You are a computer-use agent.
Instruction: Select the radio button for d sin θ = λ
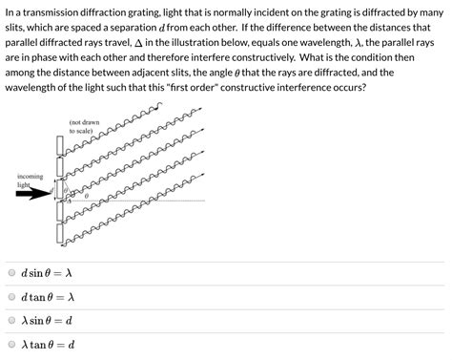pyautogui.click(x=11, y=272)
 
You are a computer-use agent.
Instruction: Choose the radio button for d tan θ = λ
pyautogui.click(x=11, y=296)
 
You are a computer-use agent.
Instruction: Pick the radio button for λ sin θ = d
pyautogui.click(x=11, y=321)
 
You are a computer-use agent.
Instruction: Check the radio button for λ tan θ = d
pyautogui.click(x=11, y=345)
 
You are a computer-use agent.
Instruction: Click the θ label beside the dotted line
pyautogui.click(x=87, y=196)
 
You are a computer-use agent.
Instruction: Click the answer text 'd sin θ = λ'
pyautogui.click(x=47, y=272)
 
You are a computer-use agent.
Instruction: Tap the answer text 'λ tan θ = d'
pyautogui.click(x=48, y=345)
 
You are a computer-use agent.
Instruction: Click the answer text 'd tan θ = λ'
pyautogui.click(x=48, y=296)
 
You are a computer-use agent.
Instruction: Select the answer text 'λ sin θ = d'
pyautogui.click(x=47, y=321)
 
